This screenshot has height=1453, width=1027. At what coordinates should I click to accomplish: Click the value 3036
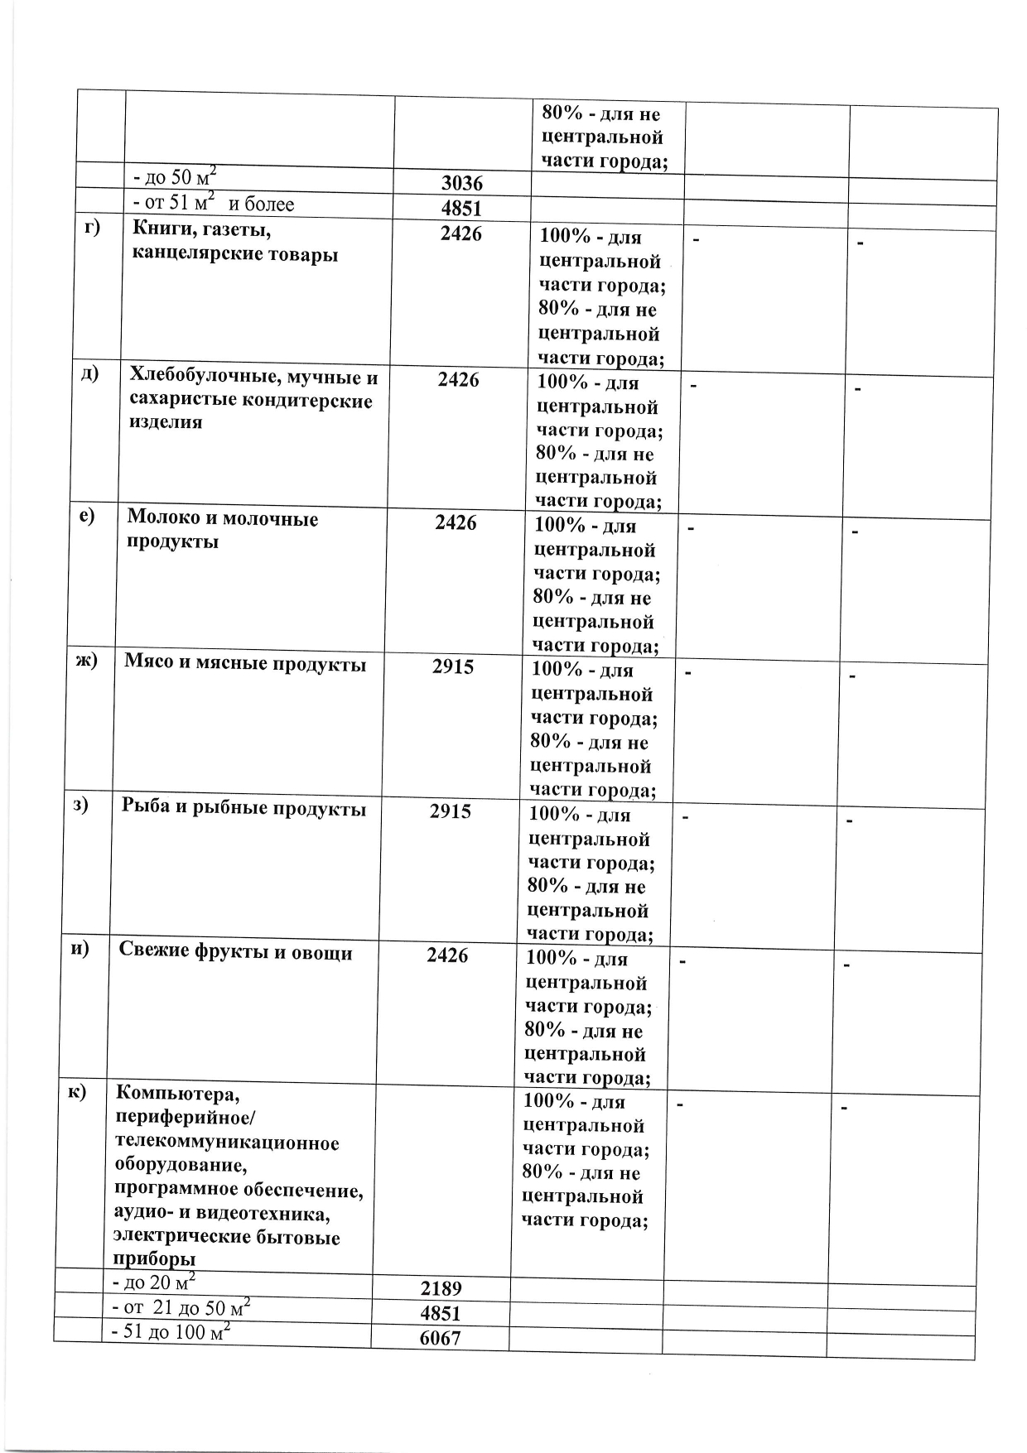click(461, 184)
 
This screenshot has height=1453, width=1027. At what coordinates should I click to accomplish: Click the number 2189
click(441, 1288)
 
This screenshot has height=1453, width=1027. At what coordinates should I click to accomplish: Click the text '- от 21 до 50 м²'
click(181, 1308)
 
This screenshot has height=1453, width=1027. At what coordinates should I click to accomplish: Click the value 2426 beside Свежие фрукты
click(447, 955)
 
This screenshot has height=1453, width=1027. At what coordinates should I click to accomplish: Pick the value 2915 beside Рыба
click(451, 811)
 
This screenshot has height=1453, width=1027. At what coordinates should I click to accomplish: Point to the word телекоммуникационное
click(226, 1143)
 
